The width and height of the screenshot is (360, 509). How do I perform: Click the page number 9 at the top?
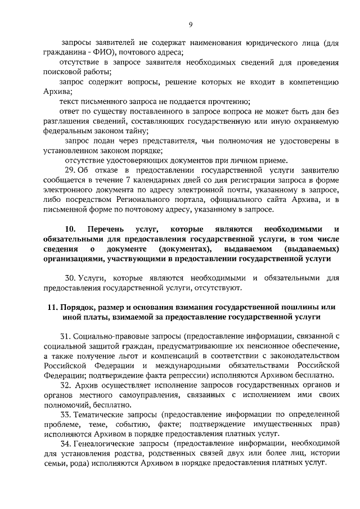click(191, 23)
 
